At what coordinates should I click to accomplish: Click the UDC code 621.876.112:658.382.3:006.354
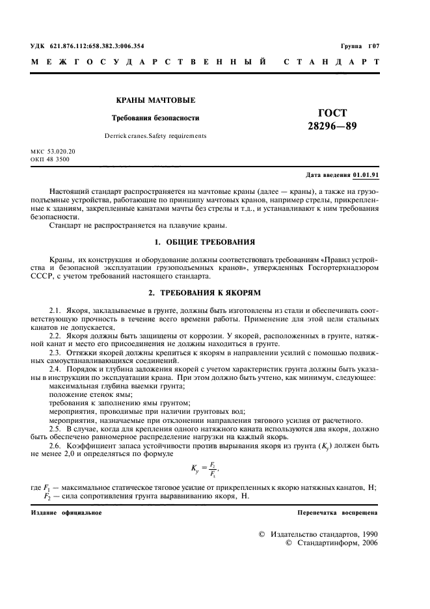pos(87,46)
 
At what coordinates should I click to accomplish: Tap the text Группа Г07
pos(359,46)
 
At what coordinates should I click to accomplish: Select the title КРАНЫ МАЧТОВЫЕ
pos(155,100)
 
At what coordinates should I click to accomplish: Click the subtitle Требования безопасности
pos(155,118)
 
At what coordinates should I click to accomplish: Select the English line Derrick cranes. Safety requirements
pos(155,136)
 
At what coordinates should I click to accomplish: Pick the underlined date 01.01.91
pos(366,176)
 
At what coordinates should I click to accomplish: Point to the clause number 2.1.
pos(55,304)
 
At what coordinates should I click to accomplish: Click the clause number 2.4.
pos(55,360)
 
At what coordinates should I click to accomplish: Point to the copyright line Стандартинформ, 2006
pos(332,543)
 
